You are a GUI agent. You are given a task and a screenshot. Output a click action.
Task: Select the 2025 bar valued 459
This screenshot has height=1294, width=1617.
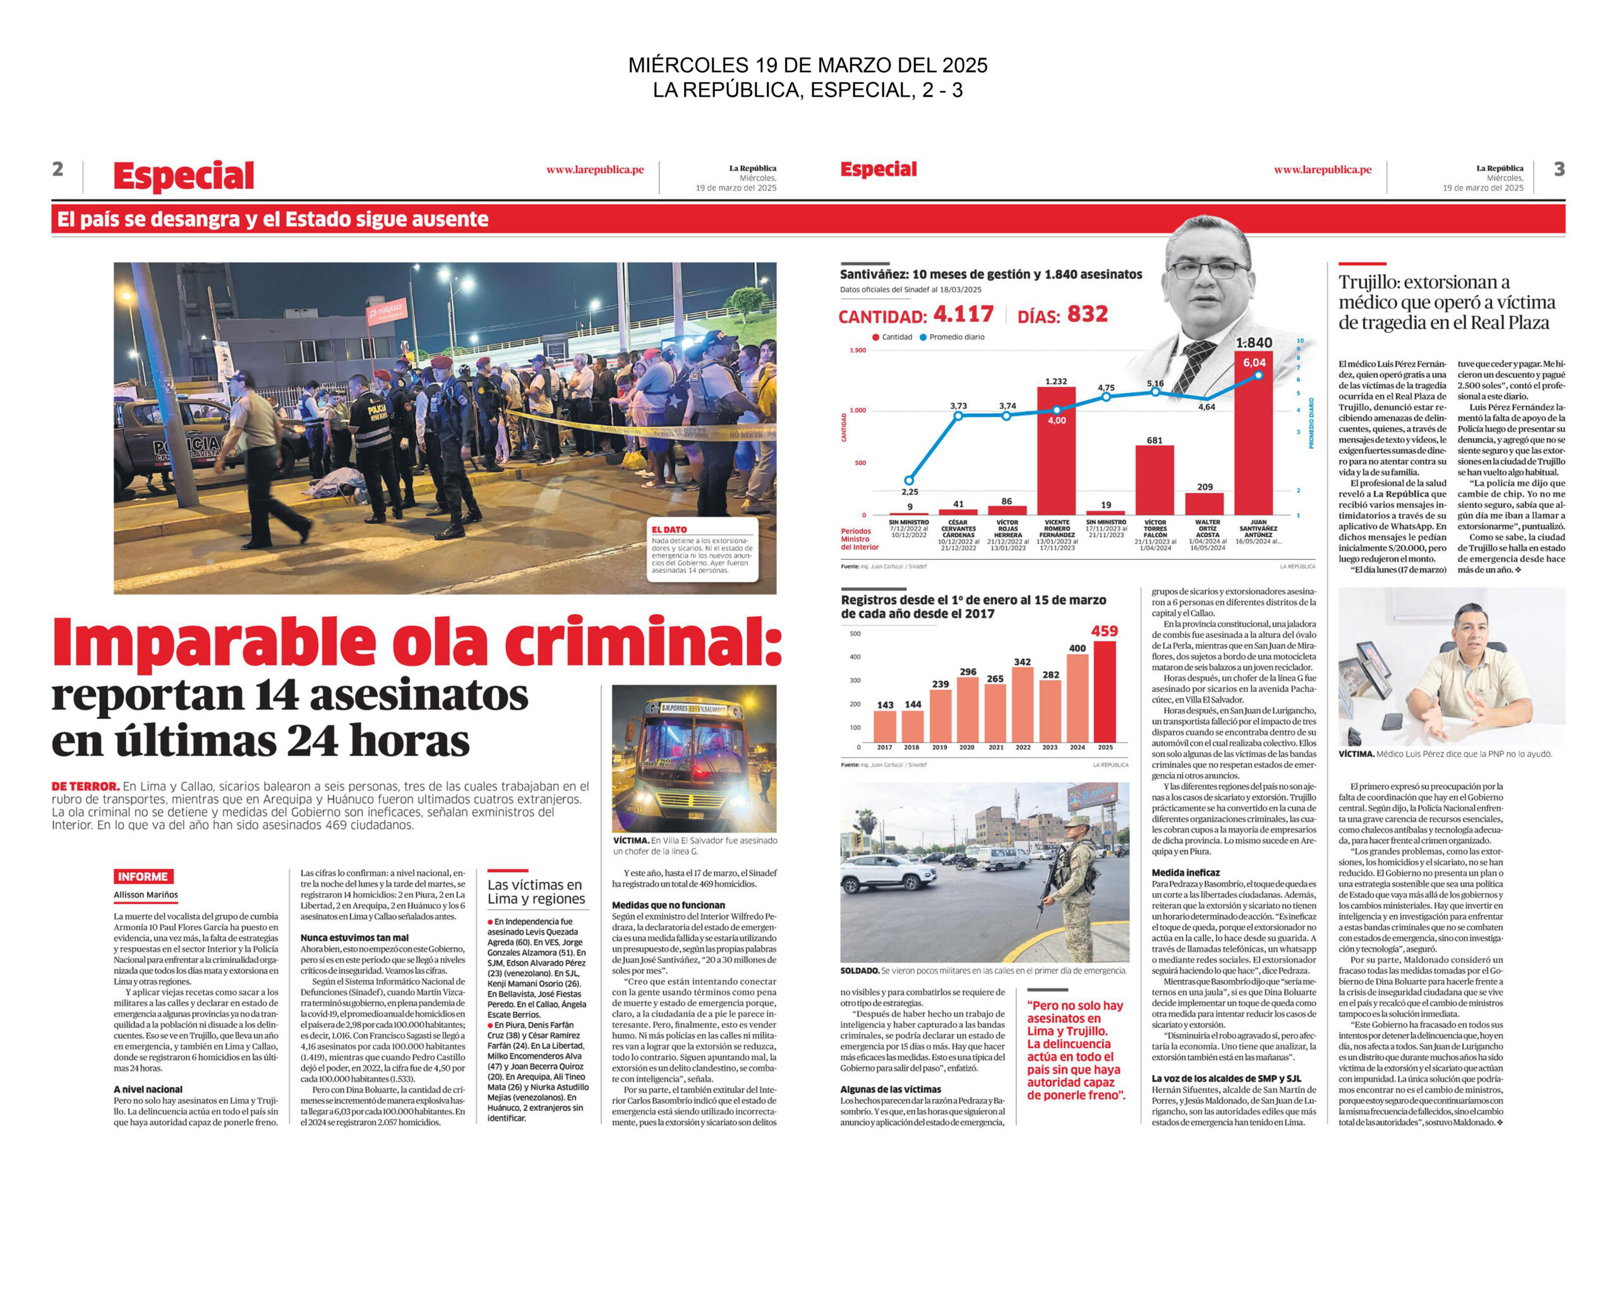tap(1105, 691)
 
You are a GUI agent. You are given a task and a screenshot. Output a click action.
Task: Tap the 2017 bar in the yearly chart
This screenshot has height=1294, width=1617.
tap(885, 725)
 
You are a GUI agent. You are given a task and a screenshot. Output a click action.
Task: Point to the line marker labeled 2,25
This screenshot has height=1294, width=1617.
tap(909, 480)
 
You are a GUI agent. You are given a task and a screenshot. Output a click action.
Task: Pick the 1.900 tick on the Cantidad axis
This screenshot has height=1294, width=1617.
tap(857, 350)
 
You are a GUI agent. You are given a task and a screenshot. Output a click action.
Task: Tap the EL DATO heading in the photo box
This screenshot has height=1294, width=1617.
tap(669, 529)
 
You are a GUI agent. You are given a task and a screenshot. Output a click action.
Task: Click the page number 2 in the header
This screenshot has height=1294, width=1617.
tap(57, 169)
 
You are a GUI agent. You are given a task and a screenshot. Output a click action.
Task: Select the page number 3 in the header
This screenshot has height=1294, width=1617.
tap(1560, 169)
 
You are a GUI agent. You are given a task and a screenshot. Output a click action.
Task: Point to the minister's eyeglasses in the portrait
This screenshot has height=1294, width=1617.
tap(1208, 270)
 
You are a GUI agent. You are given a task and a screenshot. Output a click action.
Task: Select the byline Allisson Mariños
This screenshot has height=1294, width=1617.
tap(147, 895)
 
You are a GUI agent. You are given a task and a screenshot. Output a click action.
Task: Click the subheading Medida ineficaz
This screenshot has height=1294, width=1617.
tap(1186, 873)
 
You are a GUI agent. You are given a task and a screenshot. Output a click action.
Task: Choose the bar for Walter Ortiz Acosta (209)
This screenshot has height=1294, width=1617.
tap(1205, 504)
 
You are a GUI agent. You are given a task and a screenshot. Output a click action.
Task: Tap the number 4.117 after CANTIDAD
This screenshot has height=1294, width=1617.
tap(963, 313)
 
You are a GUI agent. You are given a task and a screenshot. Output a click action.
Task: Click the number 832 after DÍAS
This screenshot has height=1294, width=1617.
tap(1088, 313)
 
